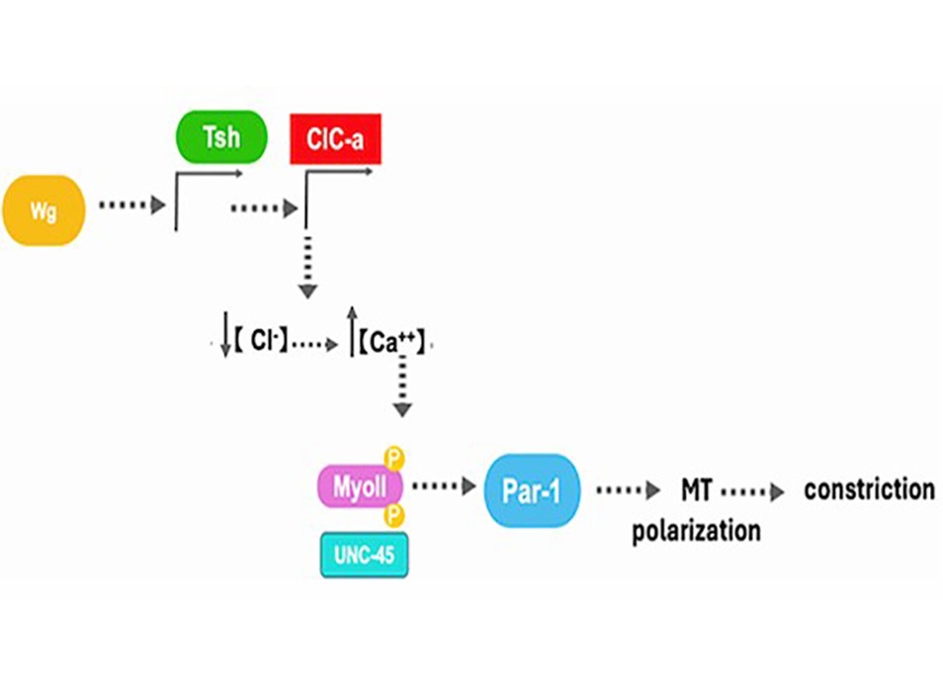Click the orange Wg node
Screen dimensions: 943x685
pos(43,211)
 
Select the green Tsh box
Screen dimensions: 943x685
pos(221,137)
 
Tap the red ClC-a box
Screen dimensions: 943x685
pos(335,139)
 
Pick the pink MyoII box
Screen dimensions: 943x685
pos(360,486)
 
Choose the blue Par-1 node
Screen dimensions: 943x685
pos(532,490)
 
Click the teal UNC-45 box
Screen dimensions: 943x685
pos(365,555)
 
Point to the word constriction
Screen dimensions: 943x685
pos(870,489)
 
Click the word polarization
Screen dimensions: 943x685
pos(697,531)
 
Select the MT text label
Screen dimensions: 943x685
pos(697,490)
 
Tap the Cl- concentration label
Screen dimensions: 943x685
pos(261,341)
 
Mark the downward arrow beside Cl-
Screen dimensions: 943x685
pos(226,334)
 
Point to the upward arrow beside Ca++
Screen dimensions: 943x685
pos(353,331)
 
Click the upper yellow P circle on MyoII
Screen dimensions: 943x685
pos(394,459)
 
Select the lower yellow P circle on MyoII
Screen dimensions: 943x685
pos(394,515)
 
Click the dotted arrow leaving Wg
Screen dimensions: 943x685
pos(132,205)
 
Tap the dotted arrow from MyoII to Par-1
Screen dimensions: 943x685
pos(445,486)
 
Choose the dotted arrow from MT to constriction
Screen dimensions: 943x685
pos(753,492)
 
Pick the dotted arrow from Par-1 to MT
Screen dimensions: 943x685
pos(629,490)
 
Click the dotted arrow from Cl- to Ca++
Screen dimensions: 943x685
pos(315,345)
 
